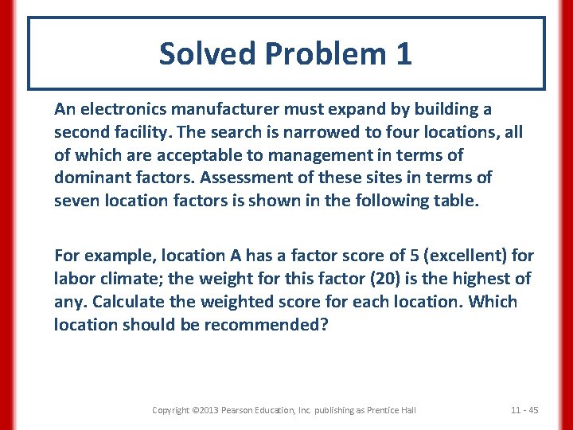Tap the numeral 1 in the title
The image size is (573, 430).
coord(403,53)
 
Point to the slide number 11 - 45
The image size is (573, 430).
coord(524,410)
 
